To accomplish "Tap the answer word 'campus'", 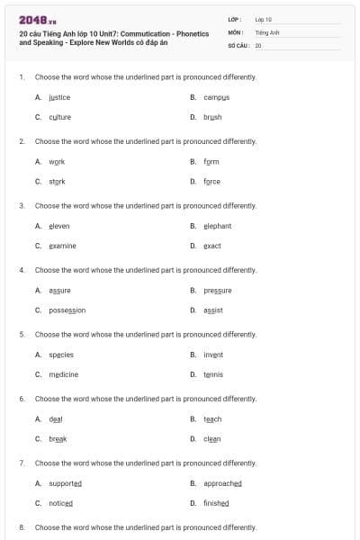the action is coord(217,97).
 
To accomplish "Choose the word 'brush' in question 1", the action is coord(212,117).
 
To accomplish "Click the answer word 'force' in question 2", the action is coord(211,181).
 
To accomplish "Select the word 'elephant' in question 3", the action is coord(217,226).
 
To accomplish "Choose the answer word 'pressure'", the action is coord(217,291).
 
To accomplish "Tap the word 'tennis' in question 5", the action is coord(212,374).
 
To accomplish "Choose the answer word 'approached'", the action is coord(222,483).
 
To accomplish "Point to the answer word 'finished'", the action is coord(216,503).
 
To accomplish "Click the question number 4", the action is coord(21,270).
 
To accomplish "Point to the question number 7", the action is coord(21,463).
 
